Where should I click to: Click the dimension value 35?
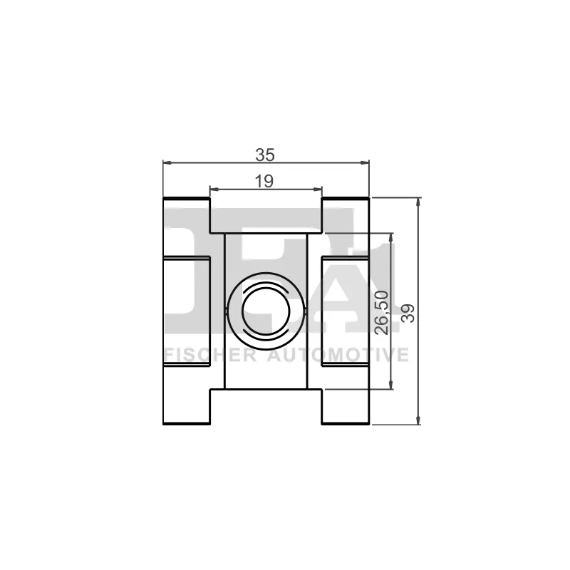point(265,154)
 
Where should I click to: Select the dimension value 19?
point(264,181)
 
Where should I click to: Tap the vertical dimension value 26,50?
point(382,311)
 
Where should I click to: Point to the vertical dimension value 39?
point(408,311)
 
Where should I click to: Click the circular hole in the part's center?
point(265,311)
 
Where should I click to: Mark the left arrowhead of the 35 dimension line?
point(168,162)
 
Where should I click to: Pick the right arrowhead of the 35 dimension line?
point(365,162)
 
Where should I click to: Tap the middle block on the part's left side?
point(186,311)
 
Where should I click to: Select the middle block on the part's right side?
point(345,311)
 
